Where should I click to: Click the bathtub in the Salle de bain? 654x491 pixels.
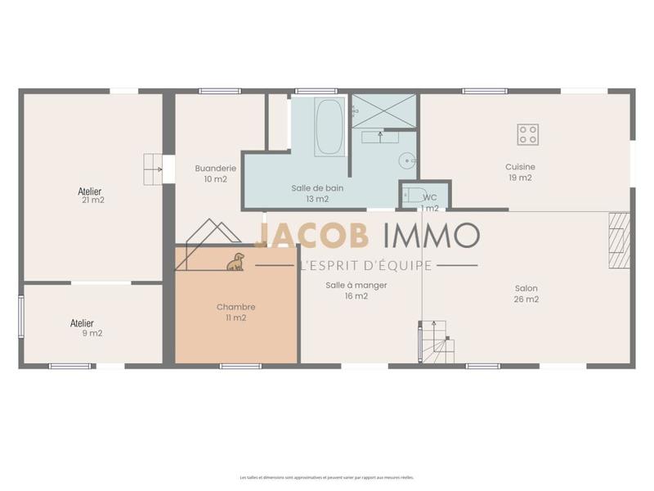tap(329, 127)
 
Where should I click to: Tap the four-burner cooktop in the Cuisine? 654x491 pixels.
tap(527, 134)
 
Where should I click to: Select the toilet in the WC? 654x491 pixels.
tap(416, 195)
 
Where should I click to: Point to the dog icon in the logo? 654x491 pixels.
tap(235, 261)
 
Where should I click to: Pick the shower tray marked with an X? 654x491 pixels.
tap(383, 111)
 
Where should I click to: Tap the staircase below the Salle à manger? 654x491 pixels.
tap(437, 341)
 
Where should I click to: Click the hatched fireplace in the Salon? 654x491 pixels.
tap(619, 240)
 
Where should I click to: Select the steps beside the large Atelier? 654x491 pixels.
tap(153, 169)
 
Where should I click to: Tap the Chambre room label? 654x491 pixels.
tap(235, 307)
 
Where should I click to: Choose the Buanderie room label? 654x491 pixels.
tap(216, 168)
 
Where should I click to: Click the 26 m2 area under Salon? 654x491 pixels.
tap(526, 300)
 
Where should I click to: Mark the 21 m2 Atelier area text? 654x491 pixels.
tap(93, 200)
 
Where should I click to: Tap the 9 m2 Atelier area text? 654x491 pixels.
tap(92, 334)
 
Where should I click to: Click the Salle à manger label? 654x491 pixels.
tap(356, 285)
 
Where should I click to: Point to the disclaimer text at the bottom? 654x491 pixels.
tap(326, 477)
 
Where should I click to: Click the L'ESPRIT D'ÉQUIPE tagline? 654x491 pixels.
tap(366, 265)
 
